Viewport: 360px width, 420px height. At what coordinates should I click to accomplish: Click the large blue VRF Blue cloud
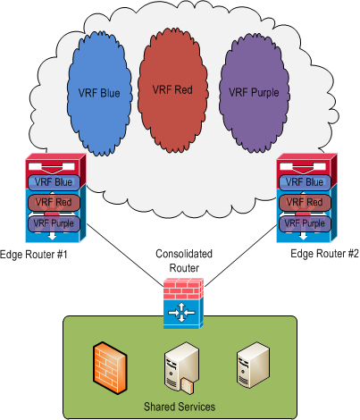click(99, 93)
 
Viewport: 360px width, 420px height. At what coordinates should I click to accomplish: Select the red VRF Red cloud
click(172, 89)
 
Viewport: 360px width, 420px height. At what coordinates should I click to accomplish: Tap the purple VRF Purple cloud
click(254, 92)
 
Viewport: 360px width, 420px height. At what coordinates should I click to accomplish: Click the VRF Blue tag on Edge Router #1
click(54, 182)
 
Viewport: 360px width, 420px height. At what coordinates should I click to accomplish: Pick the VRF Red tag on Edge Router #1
click(54, 203)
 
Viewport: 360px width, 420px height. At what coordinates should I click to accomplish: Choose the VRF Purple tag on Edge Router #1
click(54, 223)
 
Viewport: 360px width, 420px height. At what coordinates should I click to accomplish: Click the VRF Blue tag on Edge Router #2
click(305, 182)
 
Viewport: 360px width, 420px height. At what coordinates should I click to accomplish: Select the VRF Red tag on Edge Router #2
click(305, 203)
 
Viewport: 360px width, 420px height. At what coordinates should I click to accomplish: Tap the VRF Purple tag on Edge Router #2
click(305, 223)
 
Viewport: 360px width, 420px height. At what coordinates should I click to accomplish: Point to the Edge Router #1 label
click(34, 255)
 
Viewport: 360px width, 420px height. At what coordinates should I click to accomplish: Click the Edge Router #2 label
click(324, 254)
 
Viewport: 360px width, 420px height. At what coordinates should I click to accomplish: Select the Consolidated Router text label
click(184, 261)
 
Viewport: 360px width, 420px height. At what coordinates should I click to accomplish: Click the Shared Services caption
click(180, 407)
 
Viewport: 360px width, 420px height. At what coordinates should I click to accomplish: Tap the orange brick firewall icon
click(110, 368)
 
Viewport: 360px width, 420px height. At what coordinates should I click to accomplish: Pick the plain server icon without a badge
click(253, 365)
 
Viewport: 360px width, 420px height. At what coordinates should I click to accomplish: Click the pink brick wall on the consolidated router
click(183, 289)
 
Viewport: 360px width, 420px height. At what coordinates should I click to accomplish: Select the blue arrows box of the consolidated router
click(183, 314)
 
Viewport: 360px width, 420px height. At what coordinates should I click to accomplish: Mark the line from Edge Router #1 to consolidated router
click(125, 255)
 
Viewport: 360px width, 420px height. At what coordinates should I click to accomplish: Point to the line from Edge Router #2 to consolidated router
click(240, 256)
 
